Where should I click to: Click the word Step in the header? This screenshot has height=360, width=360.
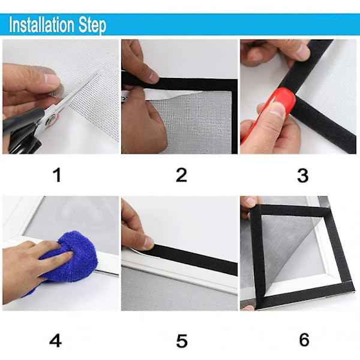[92, 25]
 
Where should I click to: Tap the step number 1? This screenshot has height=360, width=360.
[57, 175]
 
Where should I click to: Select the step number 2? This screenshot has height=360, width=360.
[181, 175]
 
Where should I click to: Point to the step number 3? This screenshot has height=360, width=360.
[302, 176]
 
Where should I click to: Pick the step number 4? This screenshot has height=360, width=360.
[56, 340]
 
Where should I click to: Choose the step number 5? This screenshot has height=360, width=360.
[182, 341]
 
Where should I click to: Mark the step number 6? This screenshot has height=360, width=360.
[304, 340]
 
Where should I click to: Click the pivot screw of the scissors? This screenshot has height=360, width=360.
[50, 120]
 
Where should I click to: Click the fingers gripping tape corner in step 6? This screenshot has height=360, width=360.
[249, 205]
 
